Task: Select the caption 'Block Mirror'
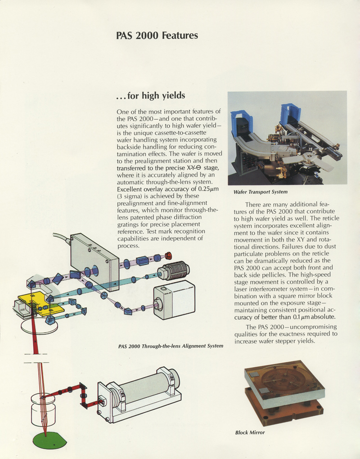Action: pyautogui.click(x=250, y=433)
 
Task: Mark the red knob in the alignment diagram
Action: pyautogui.click(x=169, y=256)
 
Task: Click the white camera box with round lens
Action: pyautogui.click(x=174, y=299)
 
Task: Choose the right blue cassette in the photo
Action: pyautogui.click(x=290, y=115)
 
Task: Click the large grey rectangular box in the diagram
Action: pyautogui.click(x=94, y=261)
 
